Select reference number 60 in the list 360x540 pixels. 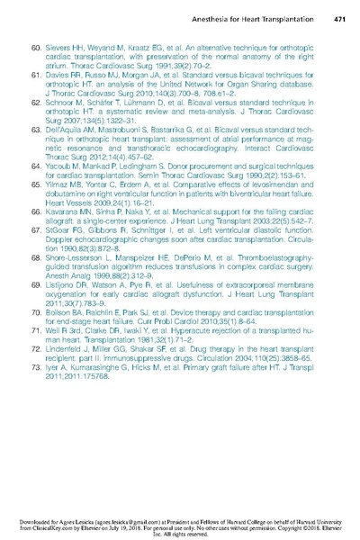[37, 44]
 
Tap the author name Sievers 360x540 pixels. [61, 44]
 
